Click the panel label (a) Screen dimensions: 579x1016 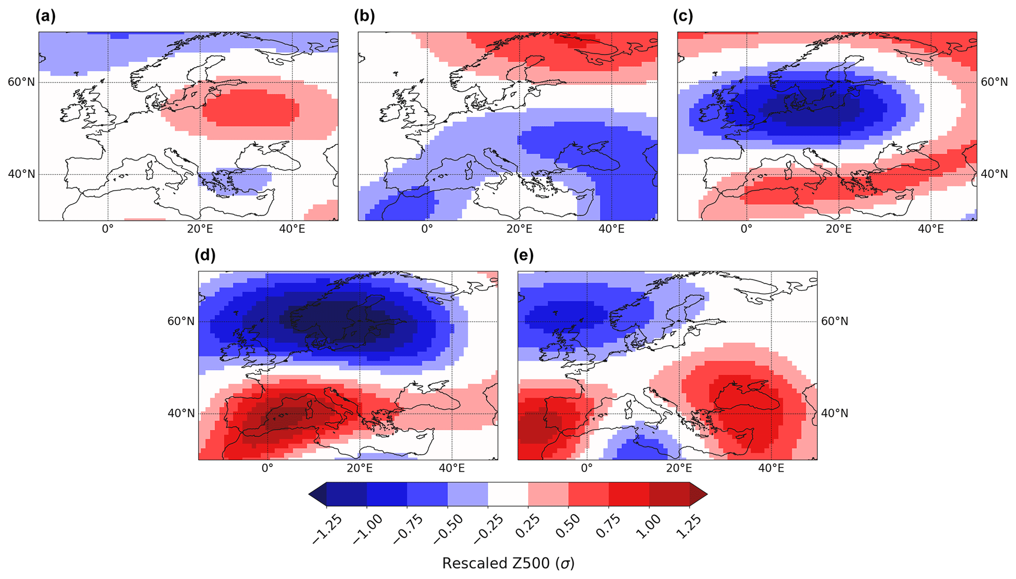[46, 17]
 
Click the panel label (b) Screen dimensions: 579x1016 [364, 17]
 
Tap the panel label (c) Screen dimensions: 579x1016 [683, 17]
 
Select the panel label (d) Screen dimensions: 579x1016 [205, 255]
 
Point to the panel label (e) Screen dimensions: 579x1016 [523, 255]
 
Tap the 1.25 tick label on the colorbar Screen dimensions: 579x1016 [688, 527]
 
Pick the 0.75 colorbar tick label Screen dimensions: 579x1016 [608, 527]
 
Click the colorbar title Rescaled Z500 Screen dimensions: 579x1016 [508, 563]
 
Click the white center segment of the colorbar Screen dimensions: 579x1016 [508, 494]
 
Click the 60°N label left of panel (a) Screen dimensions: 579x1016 [21, 82]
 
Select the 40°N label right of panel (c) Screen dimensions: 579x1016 [994, 174]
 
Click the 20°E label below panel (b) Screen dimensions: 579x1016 [519, 229]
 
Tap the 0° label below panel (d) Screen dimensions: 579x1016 [267, 468]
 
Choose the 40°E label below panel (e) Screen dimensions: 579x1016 [771, 468]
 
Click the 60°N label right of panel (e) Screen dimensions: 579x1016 [835, 321]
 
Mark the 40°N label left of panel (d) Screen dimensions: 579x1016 [181, 414]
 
